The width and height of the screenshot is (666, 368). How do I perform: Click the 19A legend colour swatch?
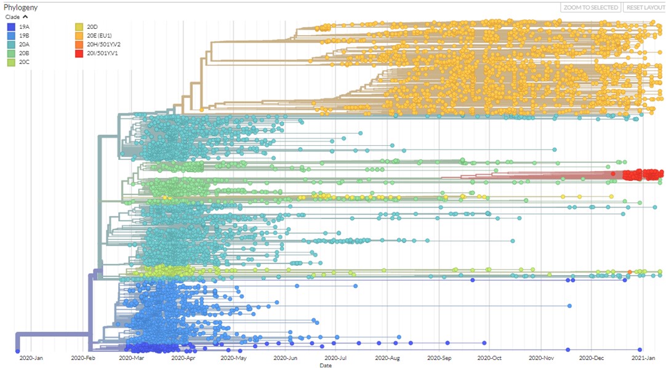(11, 27)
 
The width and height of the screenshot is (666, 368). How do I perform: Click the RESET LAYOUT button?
(644, 7)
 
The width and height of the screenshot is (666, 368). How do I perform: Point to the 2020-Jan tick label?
(31, 358)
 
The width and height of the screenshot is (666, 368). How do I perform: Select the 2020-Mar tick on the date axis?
(131, 358)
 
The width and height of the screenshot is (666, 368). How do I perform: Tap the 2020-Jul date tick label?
(336, 358)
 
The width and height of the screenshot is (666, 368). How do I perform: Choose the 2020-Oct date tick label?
(491, 358)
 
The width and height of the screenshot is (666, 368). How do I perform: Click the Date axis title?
(325, 365)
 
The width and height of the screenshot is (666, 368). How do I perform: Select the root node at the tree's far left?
(17, 351)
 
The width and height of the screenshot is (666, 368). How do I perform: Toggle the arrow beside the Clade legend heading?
(26, 17)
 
